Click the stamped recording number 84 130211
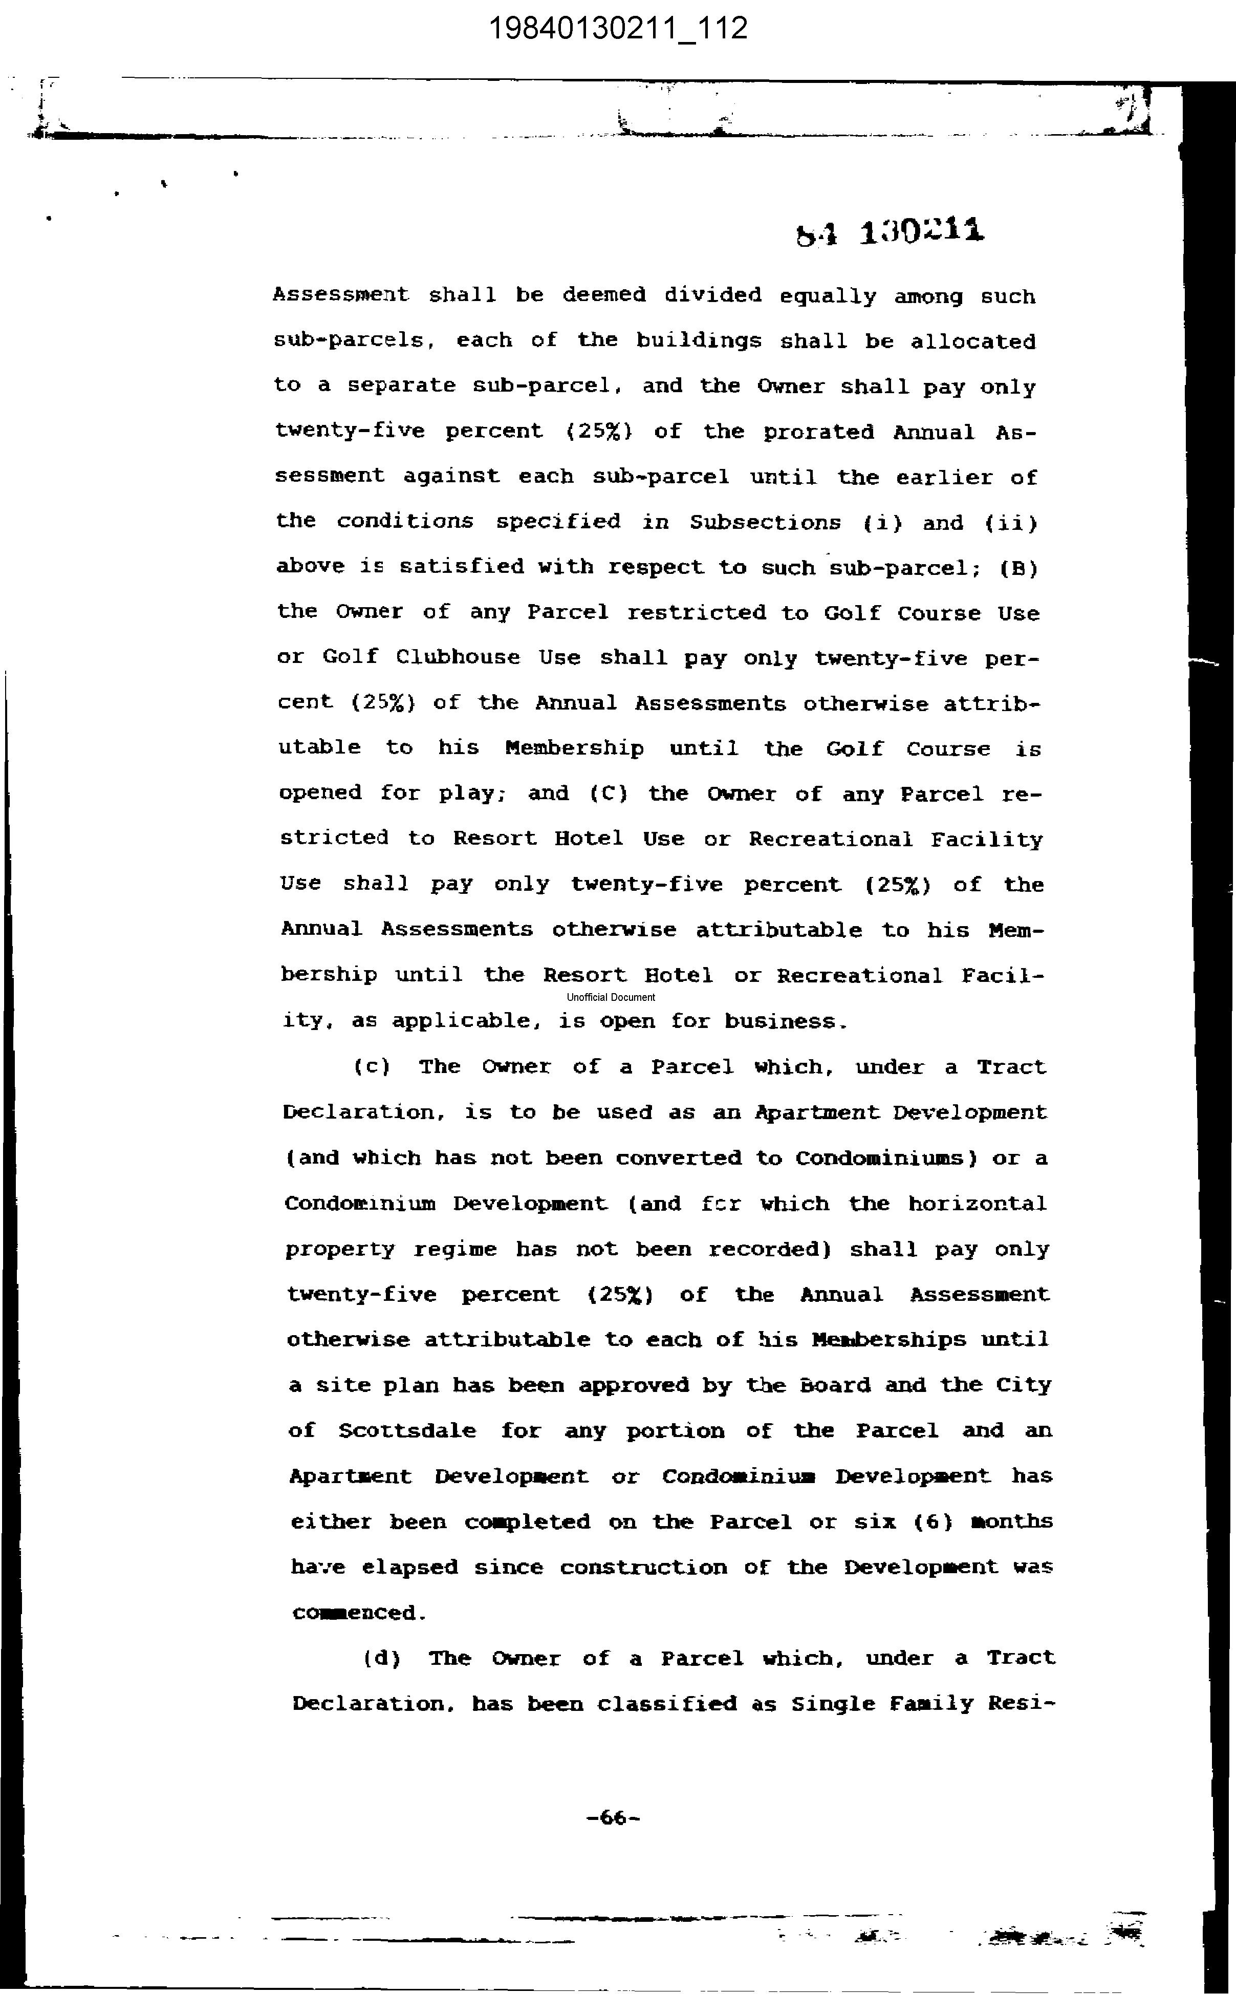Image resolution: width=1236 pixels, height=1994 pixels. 890,232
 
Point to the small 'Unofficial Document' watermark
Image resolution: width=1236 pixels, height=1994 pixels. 611,997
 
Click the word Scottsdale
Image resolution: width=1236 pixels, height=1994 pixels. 407,1431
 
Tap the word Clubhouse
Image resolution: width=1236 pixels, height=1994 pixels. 458,657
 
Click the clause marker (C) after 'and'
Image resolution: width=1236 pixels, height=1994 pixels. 608,793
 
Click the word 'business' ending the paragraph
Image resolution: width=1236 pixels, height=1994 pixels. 784,1021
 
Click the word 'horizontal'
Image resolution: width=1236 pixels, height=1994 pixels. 977,1204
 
